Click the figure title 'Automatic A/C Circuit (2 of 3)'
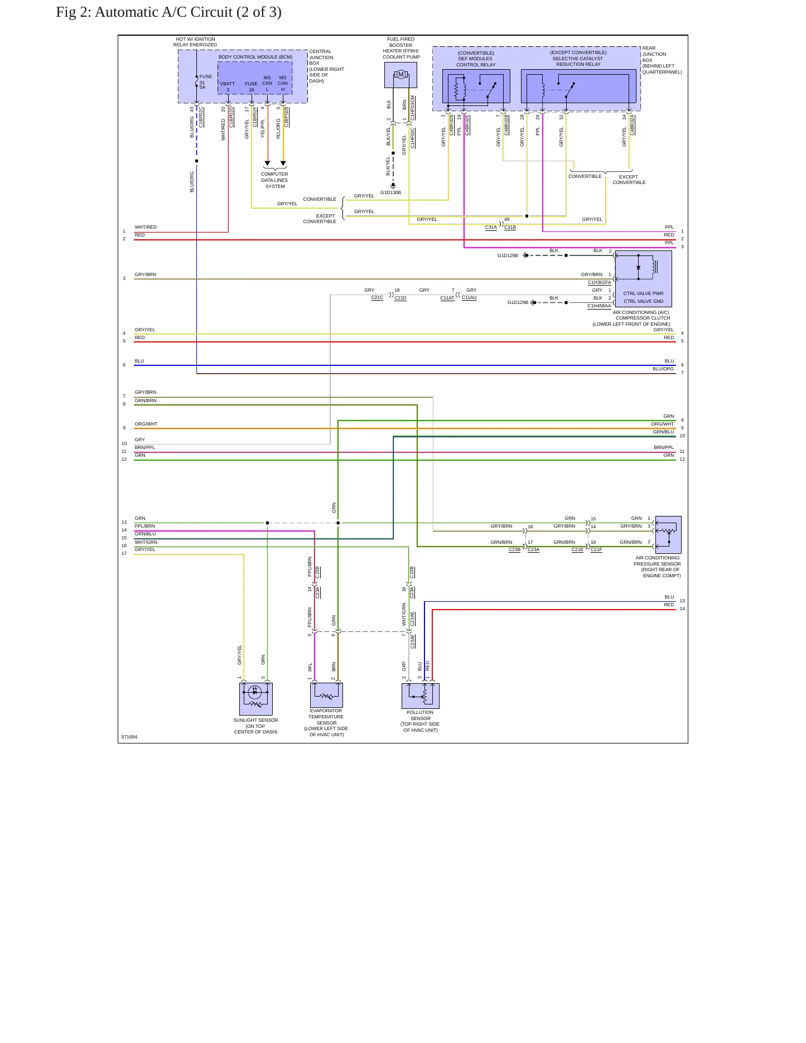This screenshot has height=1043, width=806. [x=188, y=12]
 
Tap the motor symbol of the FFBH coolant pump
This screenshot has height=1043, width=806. [x=400, y=75]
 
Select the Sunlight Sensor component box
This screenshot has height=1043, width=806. [x=256, y=699]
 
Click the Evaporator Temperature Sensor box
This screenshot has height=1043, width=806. [x=326, y=695]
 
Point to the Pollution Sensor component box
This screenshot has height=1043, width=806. [x=421, y=696]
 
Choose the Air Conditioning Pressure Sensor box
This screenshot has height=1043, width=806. [x=668, y=535]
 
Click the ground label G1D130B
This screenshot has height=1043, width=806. [x=390, y=193]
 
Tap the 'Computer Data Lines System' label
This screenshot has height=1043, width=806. [x=274, y=180]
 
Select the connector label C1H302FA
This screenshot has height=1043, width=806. [x=599, y=282]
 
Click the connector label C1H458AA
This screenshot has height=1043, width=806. [x=599, y=306]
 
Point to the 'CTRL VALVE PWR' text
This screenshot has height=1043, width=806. [x=643, y=293]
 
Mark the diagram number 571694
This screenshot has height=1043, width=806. [x=129, y=737]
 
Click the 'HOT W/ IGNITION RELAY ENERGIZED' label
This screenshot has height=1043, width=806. [x=195, y=42]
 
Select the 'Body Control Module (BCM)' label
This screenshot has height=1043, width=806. [x=255, y=57]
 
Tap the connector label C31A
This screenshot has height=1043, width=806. [x=491, y=227]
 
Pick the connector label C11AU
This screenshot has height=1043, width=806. [x=469, y=297]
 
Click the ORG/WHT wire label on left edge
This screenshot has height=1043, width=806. [x=146, y=424]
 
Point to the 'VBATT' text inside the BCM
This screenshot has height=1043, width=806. [x=228, y=84]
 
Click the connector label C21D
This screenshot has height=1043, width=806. [x=400, y=298]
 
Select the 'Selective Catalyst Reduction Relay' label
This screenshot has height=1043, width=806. [x=578, y=61]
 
